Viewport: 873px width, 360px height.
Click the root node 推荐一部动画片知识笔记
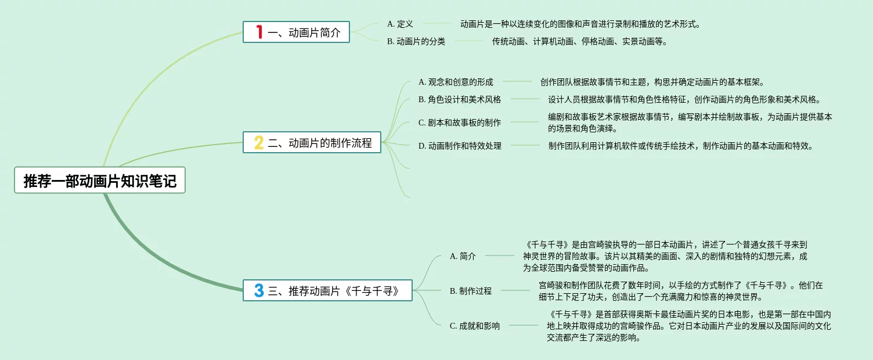coord(100,180)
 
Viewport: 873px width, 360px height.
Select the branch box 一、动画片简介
coord(296,32)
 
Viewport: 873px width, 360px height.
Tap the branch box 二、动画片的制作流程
coord(312,142)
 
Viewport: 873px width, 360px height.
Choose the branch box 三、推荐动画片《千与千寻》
coord(327,290)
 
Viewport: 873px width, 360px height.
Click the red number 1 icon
coord(259,32)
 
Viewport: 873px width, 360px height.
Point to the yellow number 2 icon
coord(259,142)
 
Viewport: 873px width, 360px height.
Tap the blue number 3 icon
coord(259,290)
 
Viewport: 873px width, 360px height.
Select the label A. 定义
coord(400,24)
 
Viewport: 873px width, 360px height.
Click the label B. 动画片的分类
coord(416,41)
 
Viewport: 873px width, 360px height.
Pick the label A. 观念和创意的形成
coord(456,82)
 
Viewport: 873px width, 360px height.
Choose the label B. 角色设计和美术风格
coord(460,99)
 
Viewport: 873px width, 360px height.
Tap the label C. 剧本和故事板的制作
coord(460,123)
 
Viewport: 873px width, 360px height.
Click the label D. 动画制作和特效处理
coord(460,146)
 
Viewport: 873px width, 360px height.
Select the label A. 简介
coord(463,256)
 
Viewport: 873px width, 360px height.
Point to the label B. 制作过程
coord(471,291)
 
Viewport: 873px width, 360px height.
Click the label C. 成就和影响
coord(475,326)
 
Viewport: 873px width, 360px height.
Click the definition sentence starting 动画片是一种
coord(580,24)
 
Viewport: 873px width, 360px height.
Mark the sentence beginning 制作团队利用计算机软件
coord(680,146)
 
